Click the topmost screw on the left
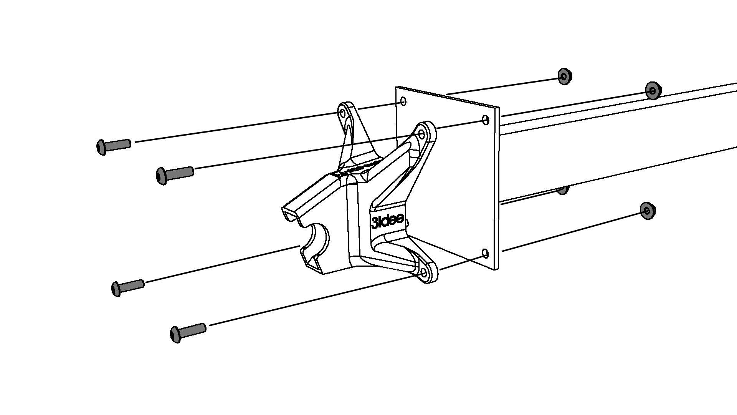coord(113,146)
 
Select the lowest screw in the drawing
coord(188,332)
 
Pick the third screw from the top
coord(128,287)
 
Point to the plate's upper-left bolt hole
coord(403,101)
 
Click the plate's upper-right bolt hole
coord(486,120)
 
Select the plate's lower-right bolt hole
coord(485,253)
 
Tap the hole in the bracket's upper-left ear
coord(342,113)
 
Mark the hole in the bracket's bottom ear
coord(424,273)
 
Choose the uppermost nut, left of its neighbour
coord(564,76)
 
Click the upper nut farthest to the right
coord(652,90)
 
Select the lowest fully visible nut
coord(648,211)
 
